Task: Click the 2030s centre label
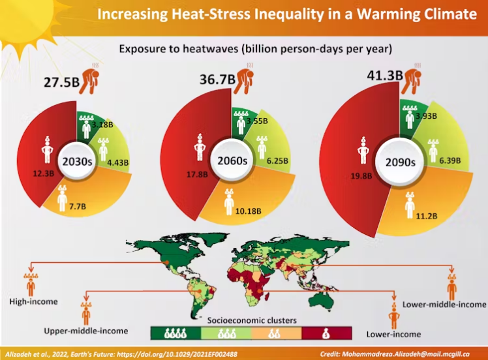(76, 161)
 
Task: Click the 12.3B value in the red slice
(46, 173)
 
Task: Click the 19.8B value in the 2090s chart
(361, 175)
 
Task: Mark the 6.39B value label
(450, 160)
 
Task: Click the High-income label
(34, 301)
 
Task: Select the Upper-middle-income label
(85, 331)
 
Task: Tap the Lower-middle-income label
(444, 305)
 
